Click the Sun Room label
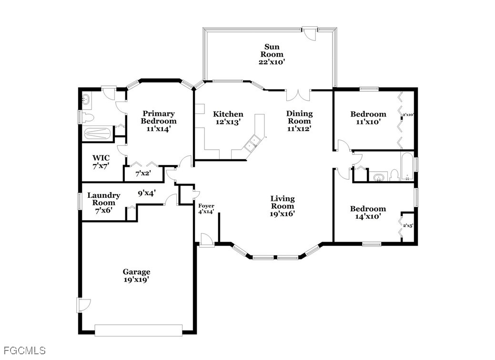pos(272,51)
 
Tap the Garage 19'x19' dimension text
pos(136,279)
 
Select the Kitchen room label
pos(228,114)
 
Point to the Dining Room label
pos(300,117)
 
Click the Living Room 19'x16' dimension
pos(283,214)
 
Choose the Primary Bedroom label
pos(159,117)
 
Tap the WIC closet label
pos(101,158)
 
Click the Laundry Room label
pos(103,199)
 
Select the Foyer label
pos(206,206)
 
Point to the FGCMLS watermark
pos(25,350)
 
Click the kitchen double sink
pos(253,143)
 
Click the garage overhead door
pos(138,329)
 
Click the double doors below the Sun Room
pos(298,95)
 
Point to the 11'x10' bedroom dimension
pos(368,122)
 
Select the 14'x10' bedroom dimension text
pos(368,216)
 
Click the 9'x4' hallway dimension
pos(146,193)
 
